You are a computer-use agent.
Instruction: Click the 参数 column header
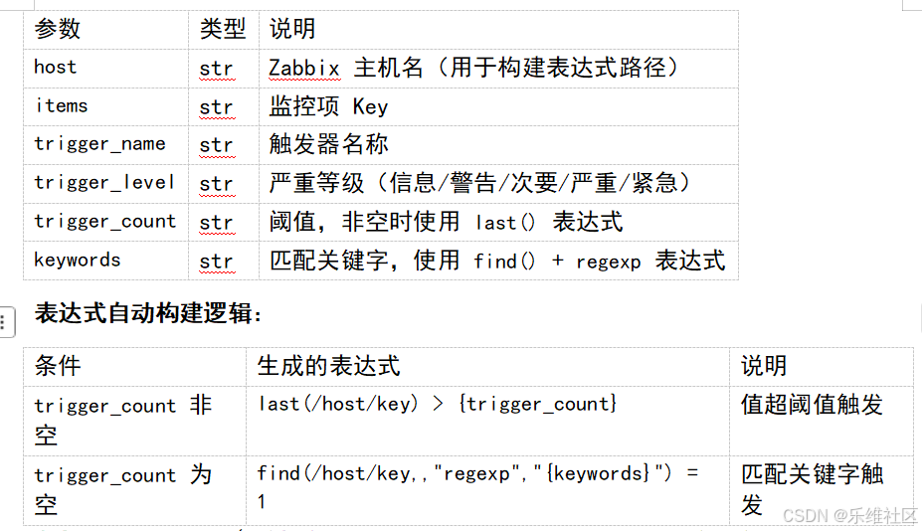57,29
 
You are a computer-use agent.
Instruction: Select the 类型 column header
222,29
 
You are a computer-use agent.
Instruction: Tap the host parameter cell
56,67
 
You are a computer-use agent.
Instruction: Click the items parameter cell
61,105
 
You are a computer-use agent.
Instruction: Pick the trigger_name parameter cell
100,144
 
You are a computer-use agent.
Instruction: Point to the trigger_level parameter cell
104,183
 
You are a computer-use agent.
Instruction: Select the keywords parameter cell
77,260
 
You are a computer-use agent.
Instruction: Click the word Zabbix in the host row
304,69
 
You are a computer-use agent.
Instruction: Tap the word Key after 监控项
370,107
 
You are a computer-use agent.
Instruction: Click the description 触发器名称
328,144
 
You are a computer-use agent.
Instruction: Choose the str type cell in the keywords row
217,262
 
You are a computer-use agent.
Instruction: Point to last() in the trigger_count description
505,223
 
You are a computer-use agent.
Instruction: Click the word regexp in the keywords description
608,263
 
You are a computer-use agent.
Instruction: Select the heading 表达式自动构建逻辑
147,313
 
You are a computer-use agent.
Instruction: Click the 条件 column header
57,366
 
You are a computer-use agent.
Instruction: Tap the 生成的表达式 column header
328,366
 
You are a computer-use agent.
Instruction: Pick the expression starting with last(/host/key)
438,405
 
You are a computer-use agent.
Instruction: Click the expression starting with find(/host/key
477,485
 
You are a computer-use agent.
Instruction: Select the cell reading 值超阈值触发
812,405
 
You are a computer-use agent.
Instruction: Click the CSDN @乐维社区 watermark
849,516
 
